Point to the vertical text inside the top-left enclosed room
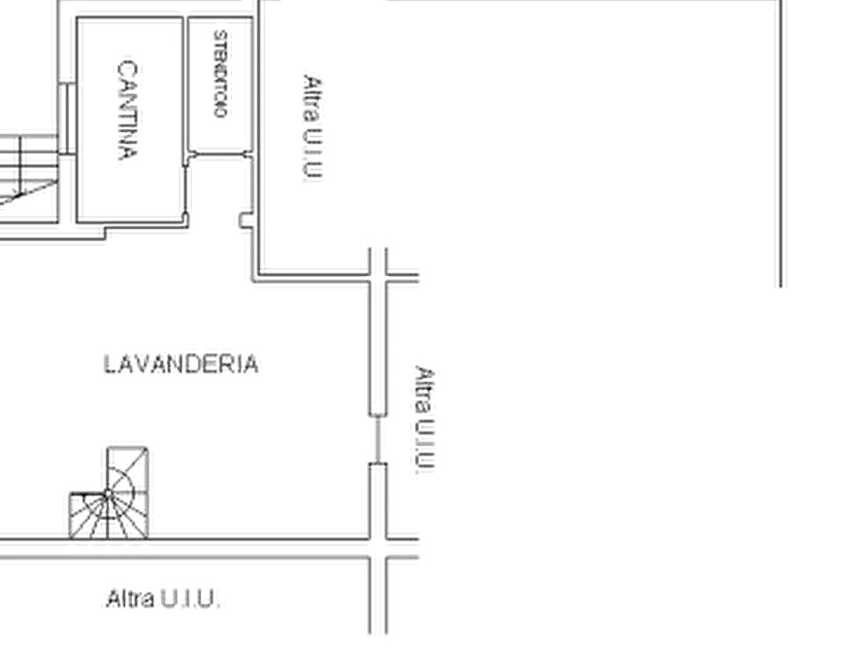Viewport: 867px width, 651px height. (131, 111)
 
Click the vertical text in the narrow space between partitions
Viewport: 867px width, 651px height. (221, 76)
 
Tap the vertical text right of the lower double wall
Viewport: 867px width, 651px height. (423, 418)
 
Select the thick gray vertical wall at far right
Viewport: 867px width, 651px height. (780, 146)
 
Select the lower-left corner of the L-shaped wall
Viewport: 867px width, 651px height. (253, 281)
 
